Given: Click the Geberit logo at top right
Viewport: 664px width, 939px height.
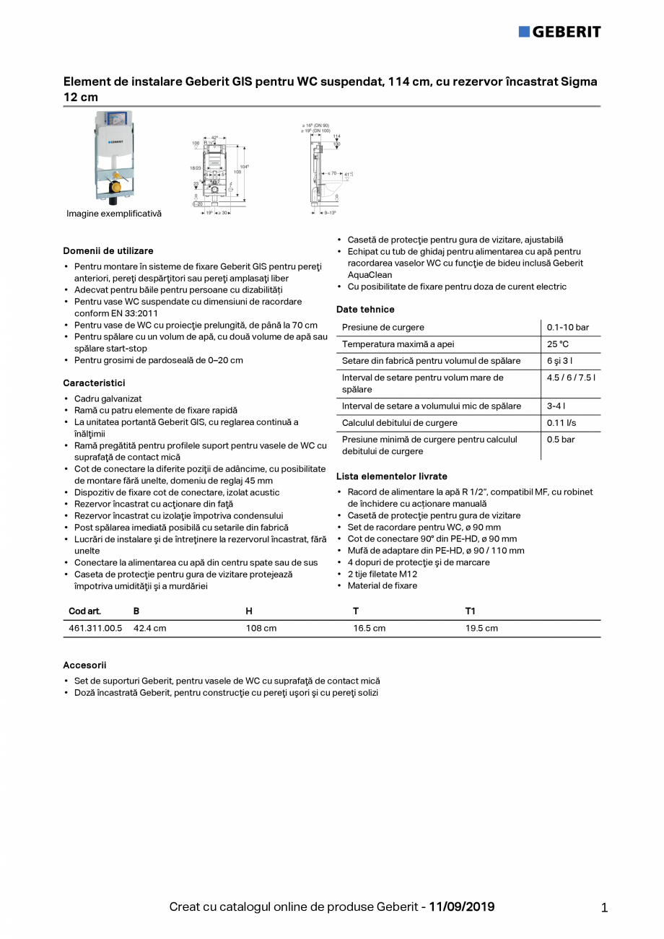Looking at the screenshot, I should coord(559,32).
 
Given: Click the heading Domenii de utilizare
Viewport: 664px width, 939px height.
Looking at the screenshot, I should coord(108,250).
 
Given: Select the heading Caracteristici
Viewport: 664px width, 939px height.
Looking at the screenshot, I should coord(94,383).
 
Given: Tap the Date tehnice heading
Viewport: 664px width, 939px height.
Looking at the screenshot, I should coord(365,309).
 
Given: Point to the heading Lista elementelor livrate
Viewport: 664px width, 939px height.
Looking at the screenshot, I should coord(391,476).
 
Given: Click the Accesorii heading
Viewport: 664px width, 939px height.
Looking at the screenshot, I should coord(84,665).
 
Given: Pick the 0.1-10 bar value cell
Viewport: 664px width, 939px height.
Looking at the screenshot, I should coord(567,328).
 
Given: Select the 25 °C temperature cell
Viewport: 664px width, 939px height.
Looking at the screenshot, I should coord(557,344).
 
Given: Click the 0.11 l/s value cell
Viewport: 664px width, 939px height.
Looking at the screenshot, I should coord(561,423).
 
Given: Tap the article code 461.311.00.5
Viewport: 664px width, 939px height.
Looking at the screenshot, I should coord(95,628).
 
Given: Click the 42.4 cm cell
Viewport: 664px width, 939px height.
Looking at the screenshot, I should coord(149,628).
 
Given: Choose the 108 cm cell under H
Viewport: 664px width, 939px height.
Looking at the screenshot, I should coord(261,628).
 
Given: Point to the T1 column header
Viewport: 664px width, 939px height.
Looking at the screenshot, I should coord(471,611).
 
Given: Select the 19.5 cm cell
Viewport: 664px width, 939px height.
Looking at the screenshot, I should coord(481,628).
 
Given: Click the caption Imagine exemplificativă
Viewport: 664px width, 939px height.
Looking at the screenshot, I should coord(114,214).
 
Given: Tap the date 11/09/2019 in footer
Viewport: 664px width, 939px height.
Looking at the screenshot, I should coord(462,907).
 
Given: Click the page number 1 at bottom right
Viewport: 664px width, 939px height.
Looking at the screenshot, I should coord(604,908).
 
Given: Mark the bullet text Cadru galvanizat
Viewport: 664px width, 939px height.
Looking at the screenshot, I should coord(108,398).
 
